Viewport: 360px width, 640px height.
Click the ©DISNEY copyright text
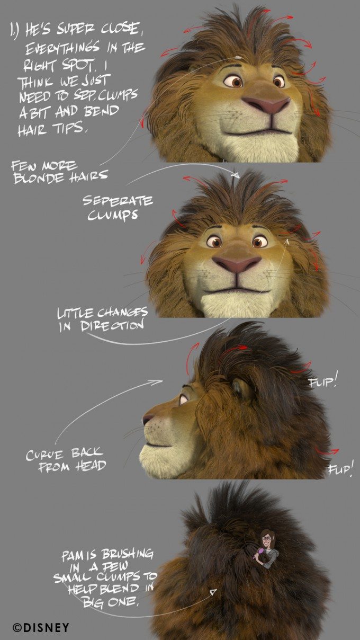pos(41,628)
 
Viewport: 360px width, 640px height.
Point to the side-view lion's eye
pos(183,398)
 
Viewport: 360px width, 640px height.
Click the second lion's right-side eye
pos(259,242)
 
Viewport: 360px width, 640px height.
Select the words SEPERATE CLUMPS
pos(117,208)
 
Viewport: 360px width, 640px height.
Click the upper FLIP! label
pos(323,381)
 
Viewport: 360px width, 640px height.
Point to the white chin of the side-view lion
pos(159,456)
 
